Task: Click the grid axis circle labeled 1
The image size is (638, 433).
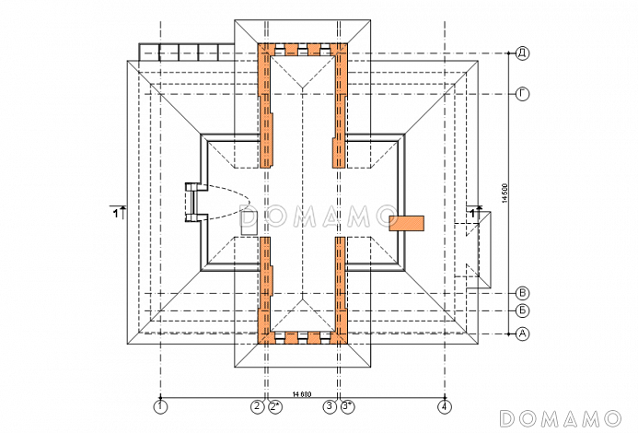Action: [x=161, y=405]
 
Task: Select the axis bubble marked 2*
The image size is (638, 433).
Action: [x=274, y=405]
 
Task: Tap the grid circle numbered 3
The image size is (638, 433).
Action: [x=329, y=405]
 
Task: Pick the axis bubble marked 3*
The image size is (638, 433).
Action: [x=347, y=405]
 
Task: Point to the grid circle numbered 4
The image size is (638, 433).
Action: [x=445, y=405]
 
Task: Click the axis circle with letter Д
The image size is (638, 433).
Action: [x=522, y=53]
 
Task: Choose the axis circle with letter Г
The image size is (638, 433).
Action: [x=522, y=94]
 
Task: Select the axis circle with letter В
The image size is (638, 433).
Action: [x=522, y=292]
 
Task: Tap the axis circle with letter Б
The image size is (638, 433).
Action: [x=522, y=311]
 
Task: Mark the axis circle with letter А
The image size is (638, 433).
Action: [x=522, y=333]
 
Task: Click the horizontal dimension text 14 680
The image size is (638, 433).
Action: [x=302, y=393]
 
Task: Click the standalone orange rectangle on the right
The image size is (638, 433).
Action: [x=408, y=221]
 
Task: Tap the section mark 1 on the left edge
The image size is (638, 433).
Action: [x=117, y=212]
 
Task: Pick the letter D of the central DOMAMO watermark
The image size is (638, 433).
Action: [x=249, y=217]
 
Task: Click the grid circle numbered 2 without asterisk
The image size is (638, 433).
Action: [x=257, y=405]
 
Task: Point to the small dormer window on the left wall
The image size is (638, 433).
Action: [x=192, y=203]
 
